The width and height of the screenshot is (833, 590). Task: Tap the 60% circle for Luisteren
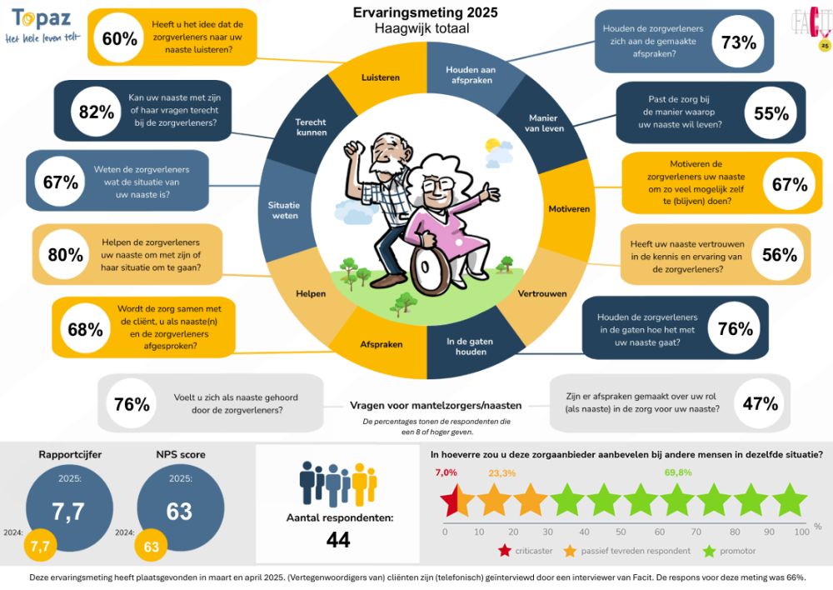click(x=119, y=38)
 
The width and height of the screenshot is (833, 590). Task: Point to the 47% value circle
click(x=759, y=404)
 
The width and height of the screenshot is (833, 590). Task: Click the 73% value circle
click(x=738, y=43)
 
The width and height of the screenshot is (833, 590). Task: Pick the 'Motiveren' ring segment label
click(x=569, y=207)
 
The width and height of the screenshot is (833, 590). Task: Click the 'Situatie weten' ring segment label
click(x=283, y=209)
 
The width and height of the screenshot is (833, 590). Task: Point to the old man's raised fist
click(x=355, y=149)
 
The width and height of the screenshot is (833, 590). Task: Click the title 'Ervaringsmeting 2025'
click(x=425, y=12)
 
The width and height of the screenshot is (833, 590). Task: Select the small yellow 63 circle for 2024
click(x=152, y=547)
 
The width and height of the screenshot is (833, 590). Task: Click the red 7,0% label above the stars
click(x=446, y=472)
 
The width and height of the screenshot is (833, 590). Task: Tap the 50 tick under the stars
click(x=622, y=532)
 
